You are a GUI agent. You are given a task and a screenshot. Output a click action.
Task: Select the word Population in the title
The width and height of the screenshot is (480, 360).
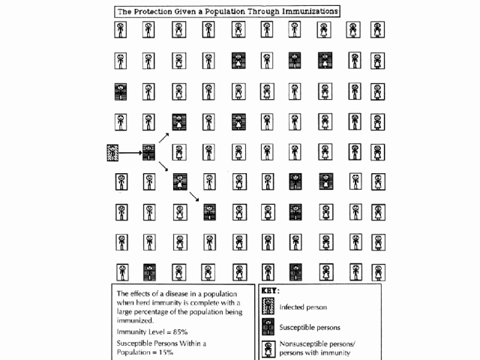click(x=231, y=11)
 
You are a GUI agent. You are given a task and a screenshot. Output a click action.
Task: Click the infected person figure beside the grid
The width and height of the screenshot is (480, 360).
click(x=113, y=152)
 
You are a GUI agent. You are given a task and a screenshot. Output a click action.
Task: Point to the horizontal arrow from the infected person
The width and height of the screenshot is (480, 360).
click(x=131, y=153)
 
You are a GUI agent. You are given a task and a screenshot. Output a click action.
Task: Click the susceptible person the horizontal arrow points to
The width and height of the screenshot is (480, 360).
click(x=149, y=152)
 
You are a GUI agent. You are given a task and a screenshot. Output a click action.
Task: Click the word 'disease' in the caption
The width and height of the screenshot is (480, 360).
click(x=185, y=292)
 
